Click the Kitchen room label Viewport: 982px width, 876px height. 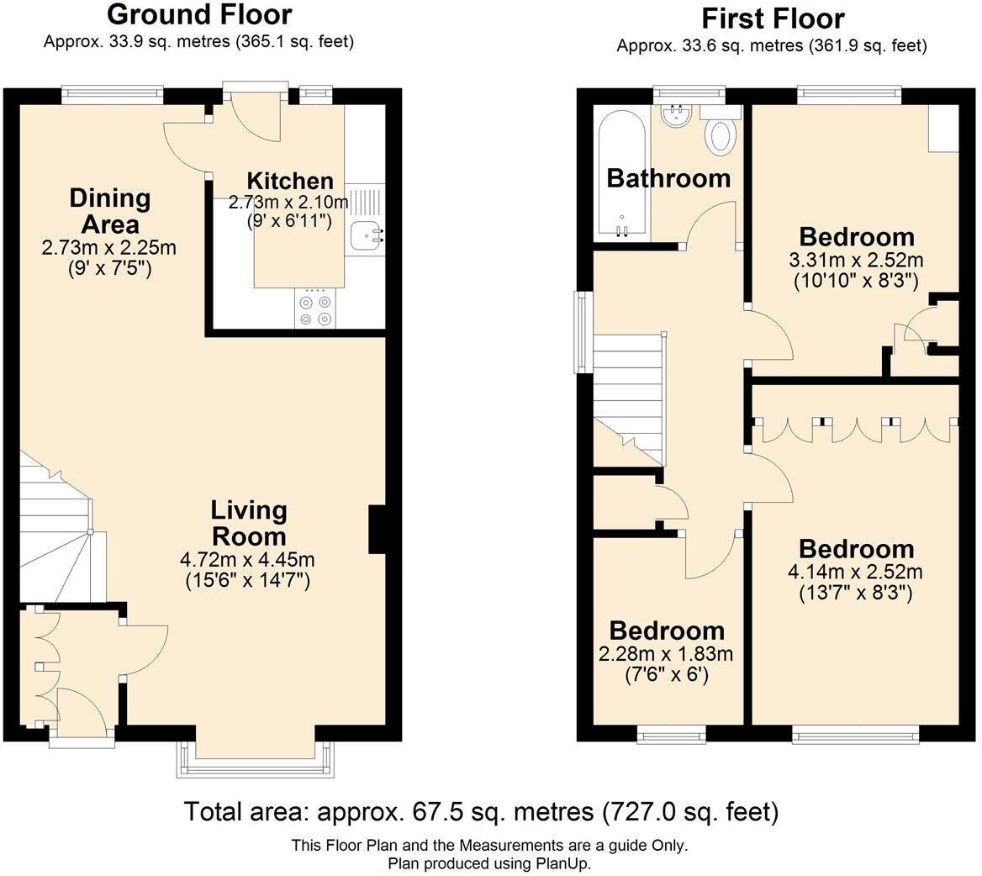tap(290, 181)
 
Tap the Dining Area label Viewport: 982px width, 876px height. tap(110, 211)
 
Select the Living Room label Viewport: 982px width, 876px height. tap(248, 523)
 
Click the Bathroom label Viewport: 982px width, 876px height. tap(668, 178)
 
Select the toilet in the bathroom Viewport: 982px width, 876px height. tap(721, 135)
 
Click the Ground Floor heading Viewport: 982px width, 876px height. tap(199, 14)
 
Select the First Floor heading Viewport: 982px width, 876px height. tap(773, 18)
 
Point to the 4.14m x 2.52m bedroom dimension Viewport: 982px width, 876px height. tap(856, 573)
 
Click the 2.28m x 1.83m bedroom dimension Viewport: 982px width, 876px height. tap(666, 654)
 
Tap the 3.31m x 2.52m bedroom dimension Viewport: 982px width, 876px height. tap(856, 260)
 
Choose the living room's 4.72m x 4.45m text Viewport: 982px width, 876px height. tap(248, 560)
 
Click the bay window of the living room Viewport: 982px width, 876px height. tap(256, 759)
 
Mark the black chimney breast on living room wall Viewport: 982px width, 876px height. tap(377, 529)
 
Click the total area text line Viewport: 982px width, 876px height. tap(481, 812)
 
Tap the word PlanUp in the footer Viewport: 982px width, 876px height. tap(564, 863)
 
